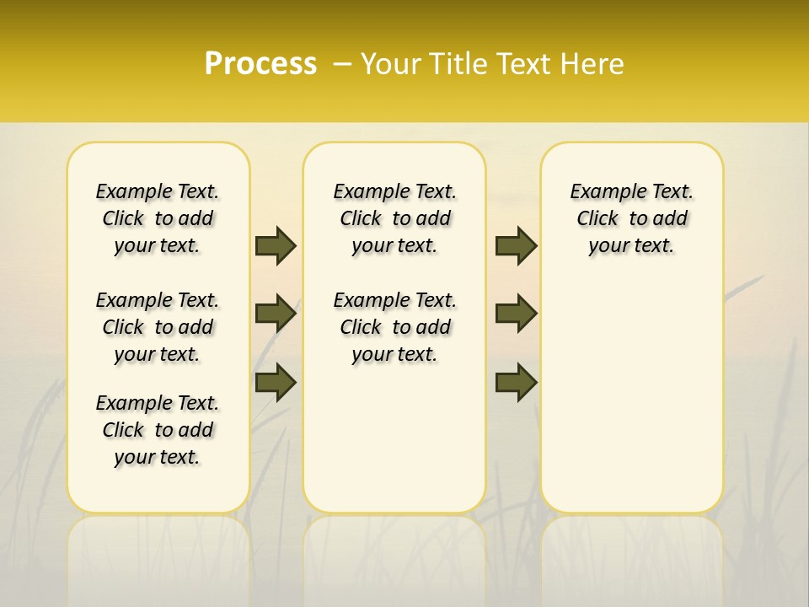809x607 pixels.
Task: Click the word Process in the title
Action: [x=260, y=64]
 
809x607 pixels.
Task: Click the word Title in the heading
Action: [x=456, y=64]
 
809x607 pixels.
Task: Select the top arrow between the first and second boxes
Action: [x=276, y=245]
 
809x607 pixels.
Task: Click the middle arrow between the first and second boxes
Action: [x=276, y=314]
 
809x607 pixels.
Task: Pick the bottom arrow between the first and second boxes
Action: [x=276, y=382]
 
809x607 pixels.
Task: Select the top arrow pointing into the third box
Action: [x=516, y=245]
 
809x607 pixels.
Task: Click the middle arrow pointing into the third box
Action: [x=516, y=314]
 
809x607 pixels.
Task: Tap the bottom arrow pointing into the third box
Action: [x=516, y=382]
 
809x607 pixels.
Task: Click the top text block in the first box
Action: [x=158, y=218]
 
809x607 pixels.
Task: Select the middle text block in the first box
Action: [x=158, y=327]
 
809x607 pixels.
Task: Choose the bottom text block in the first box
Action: [x=158, y=430]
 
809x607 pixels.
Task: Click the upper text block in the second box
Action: [x=394, y=218]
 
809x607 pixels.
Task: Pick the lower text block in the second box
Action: [x=394, y=327]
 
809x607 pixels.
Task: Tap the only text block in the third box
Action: [x=632, y=218]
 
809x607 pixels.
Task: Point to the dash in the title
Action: [x=342, y=64]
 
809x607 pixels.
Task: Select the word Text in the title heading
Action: [x=525, y=64]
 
